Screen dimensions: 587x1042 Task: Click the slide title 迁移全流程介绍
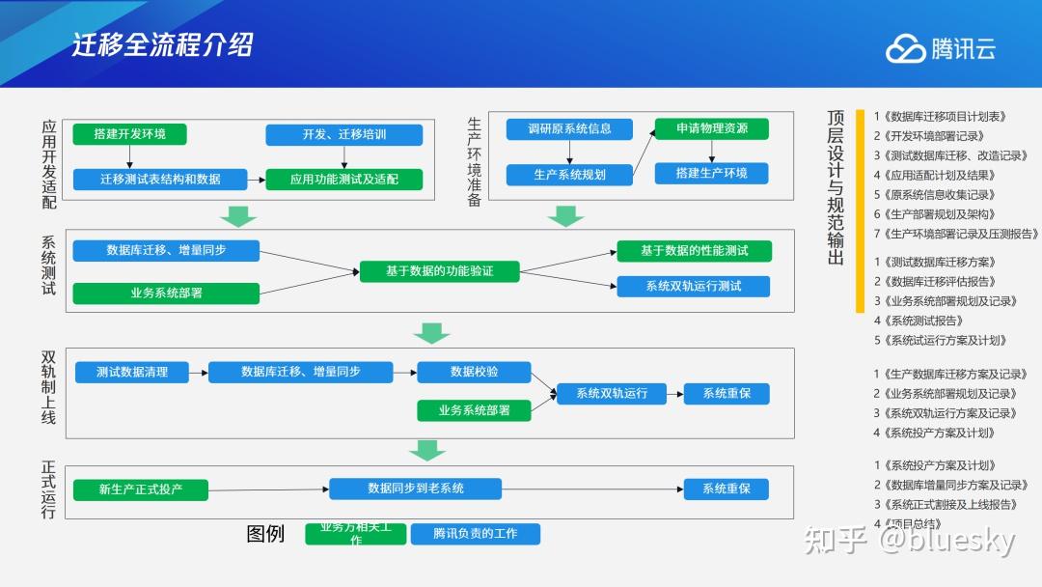pyautogui.click(x=163, y=45)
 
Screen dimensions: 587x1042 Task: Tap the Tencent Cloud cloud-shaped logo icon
pyautogui.click(x=905, y=48)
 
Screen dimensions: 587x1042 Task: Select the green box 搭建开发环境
pyautogui.click(x=129, y=134)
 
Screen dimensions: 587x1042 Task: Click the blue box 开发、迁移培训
pyautogui.click(x=343, y=134)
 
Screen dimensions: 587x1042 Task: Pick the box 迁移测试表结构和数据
pyautogui.click(x=160, y=179)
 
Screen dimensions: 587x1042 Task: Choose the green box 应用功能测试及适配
pyautogui.click(x=343, y=179)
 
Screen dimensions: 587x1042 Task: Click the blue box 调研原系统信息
pyautogui.click(x=569, y=128)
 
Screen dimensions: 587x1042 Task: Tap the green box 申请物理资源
pyautogui.click(x=711, y=128)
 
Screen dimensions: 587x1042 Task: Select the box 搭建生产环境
pyautogui.click(x=711, y=173)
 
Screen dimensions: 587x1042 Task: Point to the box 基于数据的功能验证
pyautogui.click(x=439, y=271)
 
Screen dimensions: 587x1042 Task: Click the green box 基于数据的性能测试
pyautogui.click(x=694, y=251)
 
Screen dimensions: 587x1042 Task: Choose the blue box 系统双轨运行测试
pyautogui.click(x=694, y=286)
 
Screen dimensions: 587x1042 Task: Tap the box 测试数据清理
pyautogui.click(x=131, y=372)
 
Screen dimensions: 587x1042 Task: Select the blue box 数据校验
pyautogui.click(x=473, y=372)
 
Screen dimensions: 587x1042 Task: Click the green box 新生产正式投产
pyautogui.click(x=141, y=489)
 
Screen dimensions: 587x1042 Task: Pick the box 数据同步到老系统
pyautogui.click(x=416, y=489)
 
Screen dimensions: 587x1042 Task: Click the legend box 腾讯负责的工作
pyautogui.click(x=476, y=534)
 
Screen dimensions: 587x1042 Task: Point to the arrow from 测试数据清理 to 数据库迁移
pyautogui.click(x=198, y=372)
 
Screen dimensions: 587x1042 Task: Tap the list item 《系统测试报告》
pyautogui.click(x=922, y=321)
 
